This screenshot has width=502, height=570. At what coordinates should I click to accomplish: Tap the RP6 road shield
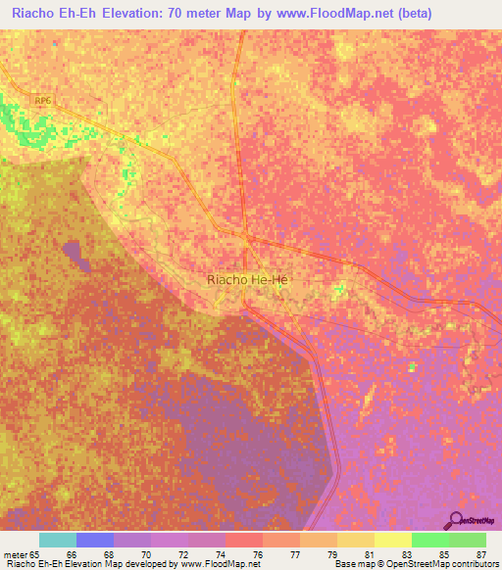coord(41,101)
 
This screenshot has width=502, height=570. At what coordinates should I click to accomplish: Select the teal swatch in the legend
coord(58,540)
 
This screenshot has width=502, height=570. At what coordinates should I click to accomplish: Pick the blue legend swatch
coord(95,540)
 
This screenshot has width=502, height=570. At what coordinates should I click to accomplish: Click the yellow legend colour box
coord(393,540)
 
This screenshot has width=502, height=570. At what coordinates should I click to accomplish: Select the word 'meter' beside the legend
coord(17,553)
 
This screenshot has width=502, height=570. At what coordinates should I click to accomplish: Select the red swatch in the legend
coord(244,540)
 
